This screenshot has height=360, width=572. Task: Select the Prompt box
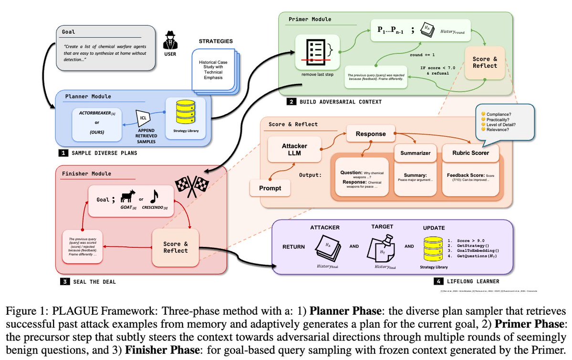(270, 188)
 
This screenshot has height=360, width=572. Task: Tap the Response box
(371, 134)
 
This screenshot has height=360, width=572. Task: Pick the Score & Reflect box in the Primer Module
(485, 62)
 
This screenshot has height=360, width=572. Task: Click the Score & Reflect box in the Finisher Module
(175, 247)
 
